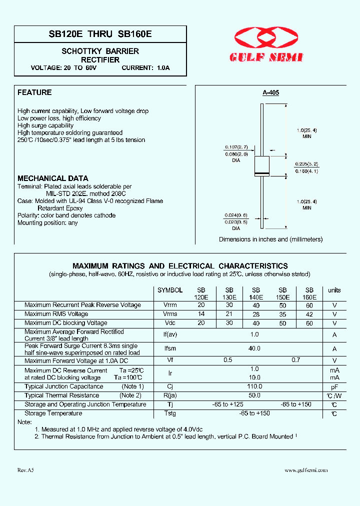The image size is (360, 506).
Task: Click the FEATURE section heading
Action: pyautogui.click(x=34, y=92)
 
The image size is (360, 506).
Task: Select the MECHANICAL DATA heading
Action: pyautogui.click(x=53, y=178)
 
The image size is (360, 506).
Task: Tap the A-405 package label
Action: pyautogui.click(x=270, y=92)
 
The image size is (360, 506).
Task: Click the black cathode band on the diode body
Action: pyautogui.click(x=262, y=173)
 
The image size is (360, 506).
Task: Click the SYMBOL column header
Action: pyautogui.click(x=170, y=290)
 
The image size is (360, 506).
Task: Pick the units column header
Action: pyautogui.click(x=334, y=290)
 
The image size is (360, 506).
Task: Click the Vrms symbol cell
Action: pyautogui.click(x=170, y=314)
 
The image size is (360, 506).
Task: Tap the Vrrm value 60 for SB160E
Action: pyautogui.click(x=309, y=305)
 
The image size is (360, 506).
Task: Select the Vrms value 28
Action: pyautogui.click(x=256, y=314)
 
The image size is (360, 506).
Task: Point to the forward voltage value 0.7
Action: pyautogui.click(x=295, y=360)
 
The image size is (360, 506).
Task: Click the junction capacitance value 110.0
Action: pyautogui.click(x=254, y=386)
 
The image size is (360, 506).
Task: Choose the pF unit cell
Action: pyautogui.click(x=334, y=386)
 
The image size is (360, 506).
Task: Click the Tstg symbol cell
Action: pyautogui.click(x=170, y=413)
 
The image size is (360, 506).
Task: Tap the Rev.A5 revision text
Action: pyautogui.click(x=25, y=470)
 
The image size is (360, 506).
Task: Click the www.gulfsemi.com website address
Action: pyautogui.click(x=306, y=470)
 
